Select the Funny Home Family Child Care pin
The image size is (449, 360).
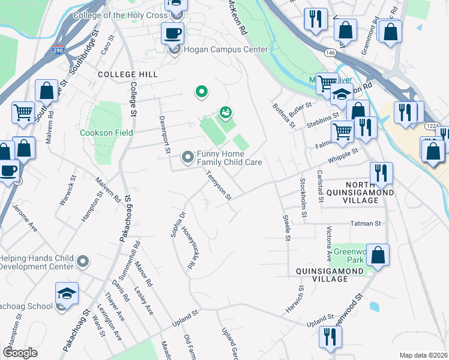click(x=188, y=157)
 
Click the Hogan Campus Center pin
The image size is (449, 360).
click(x=175, y=49)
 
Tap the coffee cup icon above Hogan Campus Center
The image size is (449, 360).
click(x=172, y=32)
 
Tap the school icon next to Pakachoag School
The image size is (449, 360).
click(x=67, y=293)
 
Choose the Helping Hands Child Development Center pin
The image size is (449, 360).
click(x=83, y=262)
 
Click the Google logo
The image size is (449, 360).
click(x=20, y=352)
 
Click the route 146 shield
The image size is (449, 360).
click(x=331, y=53)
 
